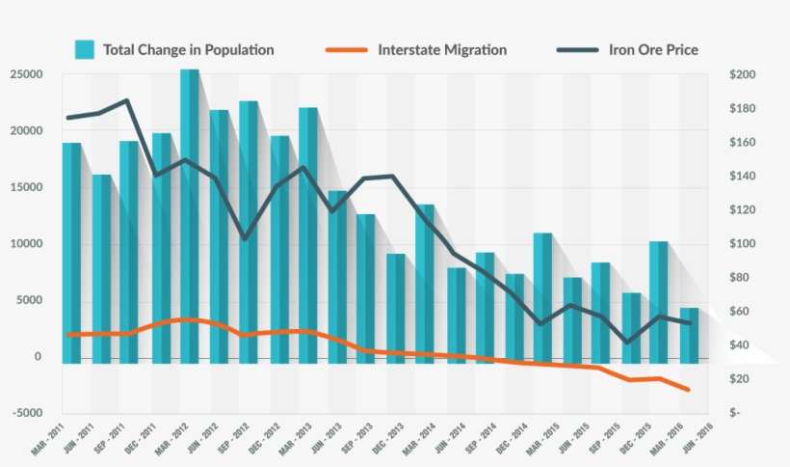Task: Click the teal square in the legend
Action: tap(85, 49)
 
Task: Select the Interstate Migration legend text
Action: tap(442, 49)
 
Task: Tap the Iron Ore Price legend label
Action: tap(654, 49)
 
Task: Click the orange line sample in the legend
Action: tap(347, 49)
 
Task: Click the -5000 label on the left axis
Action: tap(26, 413)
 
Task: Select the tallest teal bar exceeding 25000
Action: tap(190, 212)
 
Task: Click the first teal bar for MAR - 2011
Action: tap(71, 251)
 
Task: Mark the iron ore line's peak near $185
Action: tap(126, 100)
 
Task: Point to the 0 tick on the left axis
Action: tap(39, 357)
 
